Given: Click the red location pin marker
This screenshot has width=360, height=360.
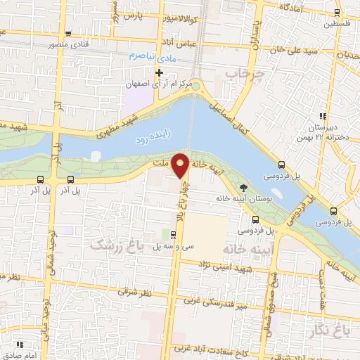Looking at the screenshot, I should pyautogui.click(x=181, y=165).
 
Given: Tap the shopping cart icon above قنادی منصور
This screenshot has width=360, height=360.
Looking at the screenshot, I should pyautogui.click(x=67, y=34).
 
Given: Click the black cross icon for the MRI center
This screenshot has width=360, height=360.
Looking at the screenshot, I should pyautogui.click(x=160, y=72).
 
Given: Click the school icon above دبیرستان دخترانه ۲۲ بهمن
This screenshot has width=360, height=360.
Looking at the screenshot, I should pyautogui.click(x=322, y=116).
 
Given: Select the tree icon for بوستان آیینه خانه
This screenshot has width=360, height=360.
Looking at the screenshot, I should pyautogui.click(x=243, y=188).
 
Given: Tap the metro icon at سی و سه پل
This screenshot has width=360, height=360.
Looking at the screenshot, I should pyautogui.click(x=174, y=233).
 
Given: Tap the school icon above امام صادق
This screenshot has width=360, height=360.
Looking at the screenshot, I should pyautogui.click(x=22, y=344).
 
